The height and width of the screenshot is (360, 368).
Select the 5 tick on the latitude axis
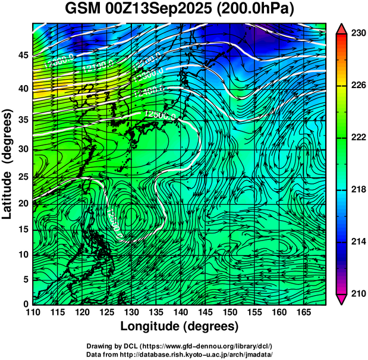pyautogui.click(x=25, y=279)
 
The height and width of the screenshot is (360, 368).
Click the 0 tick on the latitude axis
pyautogui.click(x=25, y=304)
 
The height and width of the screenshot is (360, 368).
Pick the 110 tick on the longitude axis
pyautogui.click(x=33, y=312)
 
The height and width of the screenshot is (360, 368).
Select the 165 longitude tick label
pyautogui.click(x=302, y=312)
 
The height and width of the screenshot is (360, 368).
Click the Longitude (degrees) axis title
pyautogui.click(x=180, y=327)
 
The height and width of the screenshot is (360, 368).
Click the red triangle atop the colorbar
pyautogui.click(x=342, y=28)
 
